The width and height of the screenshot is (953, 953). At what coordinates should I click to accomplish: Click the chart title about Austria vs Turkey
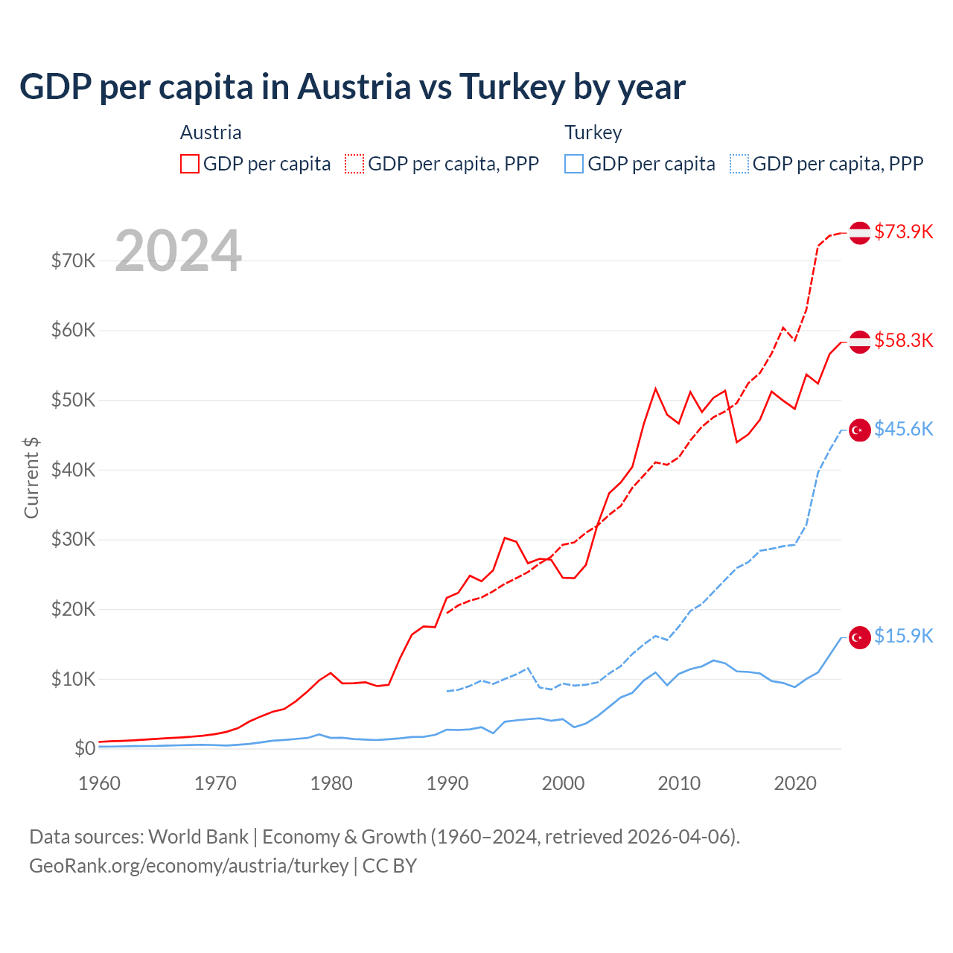(x=352, y=87)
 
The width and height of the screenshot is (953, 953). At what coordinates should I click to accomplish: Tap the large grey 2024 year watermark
(x=178, y=251)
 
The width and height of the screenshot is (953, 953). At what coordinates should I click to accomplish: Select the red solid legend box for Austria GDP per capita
(x=190, y=164)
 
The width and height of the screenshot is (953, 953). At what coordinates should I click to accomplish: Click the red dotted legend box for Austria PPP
(x=354, y=164)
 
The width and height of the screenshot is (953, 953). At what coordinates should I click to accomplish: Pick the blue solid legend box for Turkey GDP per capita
(x=574, y=164)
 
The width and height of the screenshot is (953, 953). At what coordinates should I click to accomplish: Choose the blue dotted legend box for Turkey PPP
(x=739, y=164)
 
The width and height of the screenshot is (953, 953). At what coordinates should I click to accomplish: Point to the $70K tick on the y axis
(x=73, y=261)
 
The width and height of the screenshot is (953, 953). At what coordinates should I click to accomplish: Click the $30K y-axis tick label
(x=73, y=539)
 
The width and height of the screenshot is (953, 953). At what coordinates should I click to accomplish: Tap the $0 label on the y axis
(x=84, y=748)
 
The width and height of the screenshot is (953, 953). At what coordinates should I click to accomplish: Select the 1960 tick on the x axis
(x=99, y=783)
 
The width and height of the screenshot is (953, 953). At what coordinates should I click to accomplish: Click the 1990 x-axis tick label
(x=447, y=783)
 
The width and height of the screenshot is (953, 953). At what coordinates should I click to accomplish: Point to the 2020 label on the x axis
(x=795, y=783)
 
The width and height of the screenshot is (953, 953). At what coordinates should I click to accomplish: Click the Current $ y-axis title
(x=31, y=478)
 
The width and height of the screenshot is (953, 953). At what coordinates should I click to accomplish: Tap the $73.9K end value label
(x=903, y=232)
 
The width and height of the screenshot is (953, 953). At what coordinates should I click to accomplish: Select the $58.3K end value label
(x=903, y=340)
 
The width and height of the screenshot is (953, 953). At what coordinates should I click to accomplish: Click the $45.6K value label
(x=903, y=429)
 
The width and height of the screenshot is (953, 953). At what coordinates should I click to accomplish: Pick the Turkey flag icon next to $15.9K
(x=860, y=637)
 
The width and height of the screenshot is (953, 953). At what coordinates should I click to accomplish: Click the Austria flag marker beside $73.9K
(x=860, y=232)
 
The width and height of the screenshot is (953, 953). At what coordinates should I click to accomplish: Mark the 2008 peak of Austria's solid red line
(x=656, y=388)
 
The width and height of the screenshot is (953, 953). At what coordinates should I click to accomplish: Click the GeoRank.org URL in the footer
(x=188, y=866)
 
